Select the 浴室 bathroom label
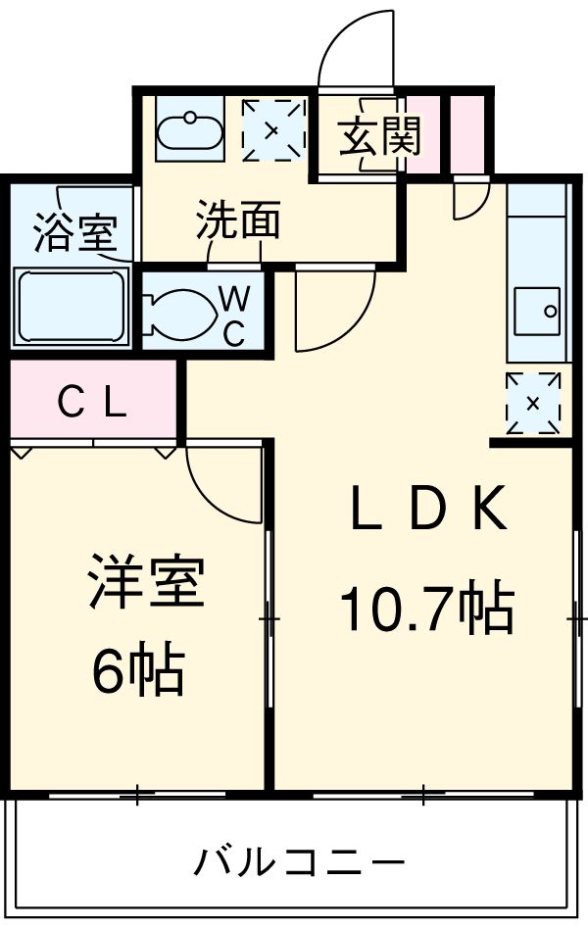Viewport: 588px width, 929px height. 74,232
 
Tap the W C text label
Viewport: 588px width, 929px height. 234,315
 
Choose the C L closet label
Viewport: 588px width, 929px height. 92,401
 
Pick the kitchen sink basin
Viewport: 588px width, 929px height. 536,312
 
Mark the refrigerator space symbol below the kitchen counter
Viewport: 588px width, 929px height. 533,403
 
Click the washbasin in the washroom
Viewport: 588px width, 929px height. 190,128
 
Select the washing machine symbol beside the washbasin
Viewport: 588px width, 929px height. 271,129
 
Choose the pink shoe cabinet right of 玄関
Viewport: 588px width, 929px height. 424,136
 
